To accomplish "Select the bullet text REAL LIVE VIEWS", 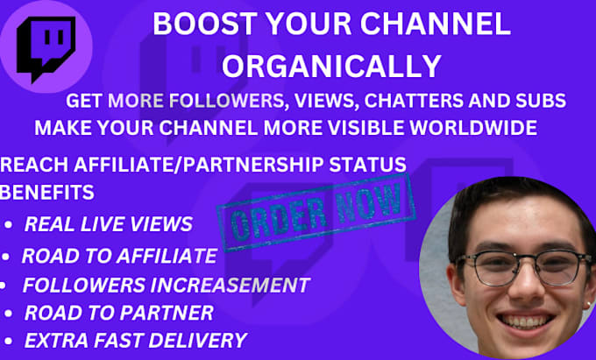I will tap(108, 224).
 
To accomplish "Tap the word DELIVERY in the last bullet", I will tap(199, 340).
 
